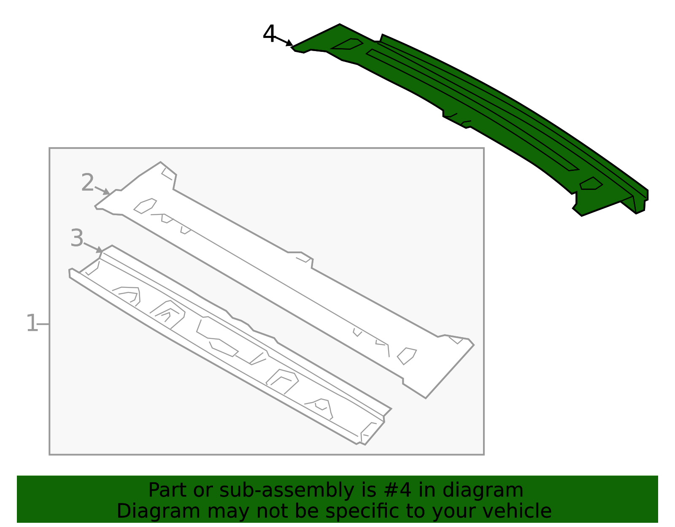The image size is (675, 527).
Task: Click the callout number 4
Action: (x=269, y=33)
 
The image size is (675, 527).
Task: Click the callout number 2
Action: (x=87, y=182)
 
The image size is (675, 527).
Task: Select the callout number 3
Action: (x=77, y=238)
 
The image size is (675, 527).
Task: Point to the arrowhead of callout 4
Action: (x=289, y=43)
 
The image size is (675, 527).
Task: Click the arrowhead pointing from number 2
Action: (x=107, y=192)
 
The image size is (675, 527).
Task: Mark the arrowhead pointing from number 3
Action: (x=100, y=250)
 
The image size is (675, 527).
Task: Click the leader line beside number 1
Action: (x=43, y=324)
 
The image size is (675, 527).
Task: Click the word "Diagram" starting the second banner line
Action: (x=159, y=512)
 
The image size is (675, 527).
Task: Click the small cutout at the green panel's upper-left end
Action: (x=347, y=44)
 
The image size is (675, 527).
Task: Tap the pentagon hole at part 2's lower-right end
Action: (x=407, y=356)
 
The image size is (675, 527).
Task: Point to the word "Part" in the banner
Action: (x=165, y=490)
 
